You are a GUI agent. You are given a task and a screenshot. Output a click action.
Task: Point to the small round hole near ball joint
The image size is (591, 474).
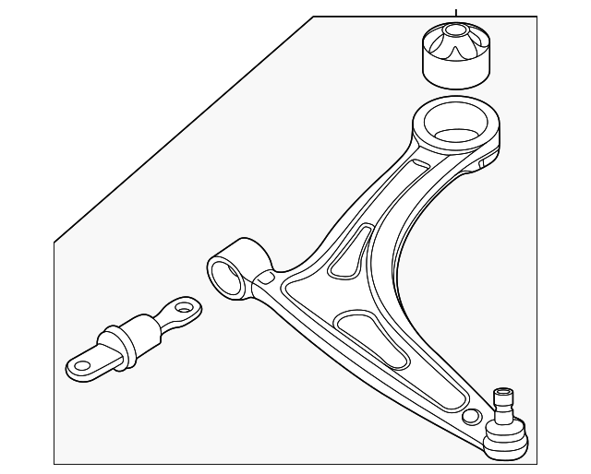[x=472, y=416]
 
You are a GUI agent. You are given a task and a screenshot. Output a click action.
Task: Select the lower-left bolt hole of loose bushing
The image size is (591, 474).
[x=83, y=366]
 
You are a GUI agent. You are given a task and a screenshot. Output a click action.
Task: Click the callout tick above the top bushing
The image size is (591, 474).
[x=455, y=12]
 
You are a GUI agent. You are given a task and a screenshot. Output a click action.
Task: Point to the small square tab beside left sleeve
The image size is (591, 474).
[x=265, y=276]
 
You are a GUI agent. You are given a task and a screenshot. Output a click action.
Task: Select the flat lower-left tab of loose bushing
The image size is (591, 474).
[x=83, y=366]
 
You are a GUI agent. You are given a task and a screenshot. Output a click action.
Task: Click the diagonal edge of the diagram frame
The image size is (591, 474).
[x=185, y=129]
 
